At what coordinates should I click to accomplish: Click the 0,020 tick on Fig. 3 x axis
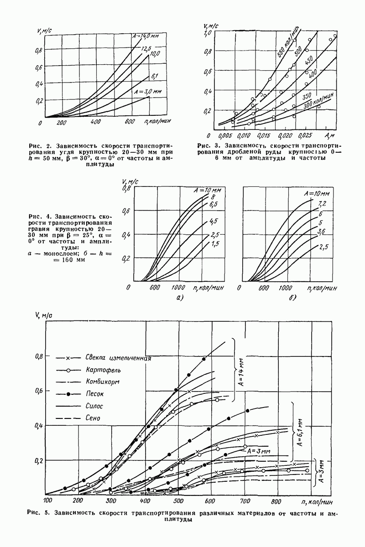pyautogui.click(x=286, y=136)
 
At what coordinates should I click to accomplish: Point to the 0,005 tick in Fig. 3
pyautogui.click(x=223, y=136)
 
